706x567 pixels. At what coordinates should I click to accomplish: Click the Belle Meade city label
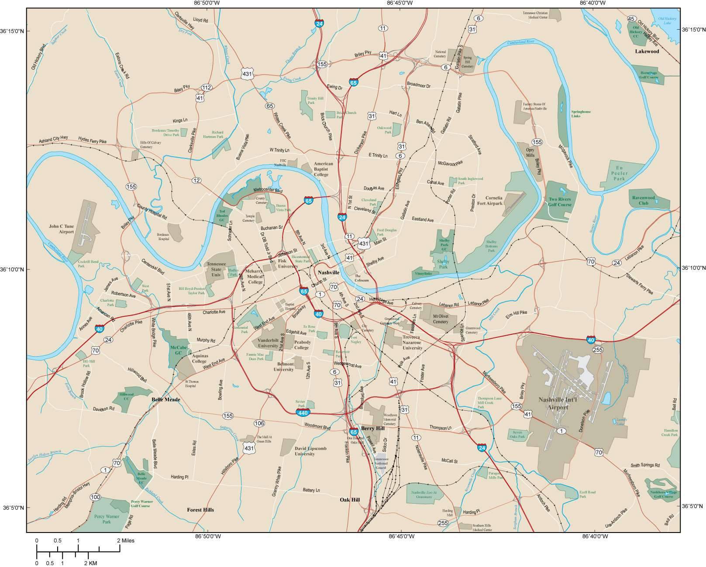[166, 399]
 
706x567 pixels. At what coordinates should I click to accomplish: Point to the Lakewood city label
[647, 52]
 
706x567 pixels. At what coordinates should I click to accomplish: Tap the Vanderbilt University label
[268, 343]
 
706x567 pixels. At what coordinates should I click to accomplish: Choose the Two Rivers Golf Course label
[560, 202]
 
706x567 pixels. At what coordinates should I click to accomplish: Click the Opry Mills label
[530, 152]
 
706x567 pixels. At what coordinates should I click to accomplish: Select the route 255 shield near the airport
[598, 350]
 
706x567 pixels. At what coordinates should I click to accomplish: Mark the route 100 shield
[95, 497]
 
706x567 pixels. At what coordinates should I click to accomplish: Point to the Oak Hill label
[350, 499]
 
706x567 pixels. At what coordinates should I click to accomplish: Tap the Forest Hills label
[200, 509]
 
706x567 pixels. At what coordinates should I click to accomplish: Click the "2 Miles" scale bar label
[125, 540]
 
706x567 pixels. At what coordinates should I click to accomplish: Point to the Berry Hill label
[372, 428]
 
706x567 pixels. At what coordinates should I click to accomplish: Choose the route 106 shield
[259, 423]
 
